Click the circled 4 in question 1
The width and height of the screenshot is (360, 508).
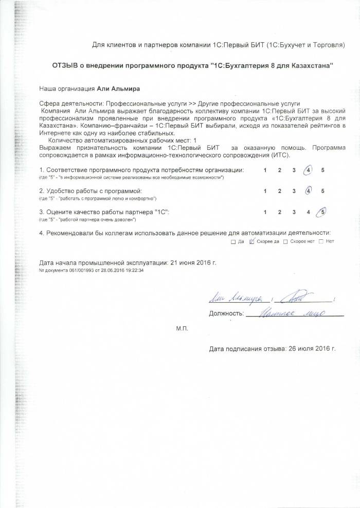pos(308,170)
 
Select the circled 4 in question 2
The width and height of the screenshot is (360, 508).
pos(308,191)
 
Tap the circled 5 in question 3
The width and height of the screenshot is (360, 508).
pos(322,212)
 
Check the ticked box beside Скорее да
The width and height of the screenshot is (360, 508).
pos(251,241)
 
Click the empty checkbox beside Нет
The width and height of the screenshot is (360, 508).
pos(321,241)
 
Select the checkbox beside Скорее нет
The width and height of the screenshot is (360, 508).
pos(285,241)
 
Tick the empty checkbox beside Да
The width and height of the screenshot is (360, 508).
pos(233,241)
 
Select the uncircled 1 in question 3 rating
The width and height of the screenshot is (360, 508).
pos(265,212)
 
